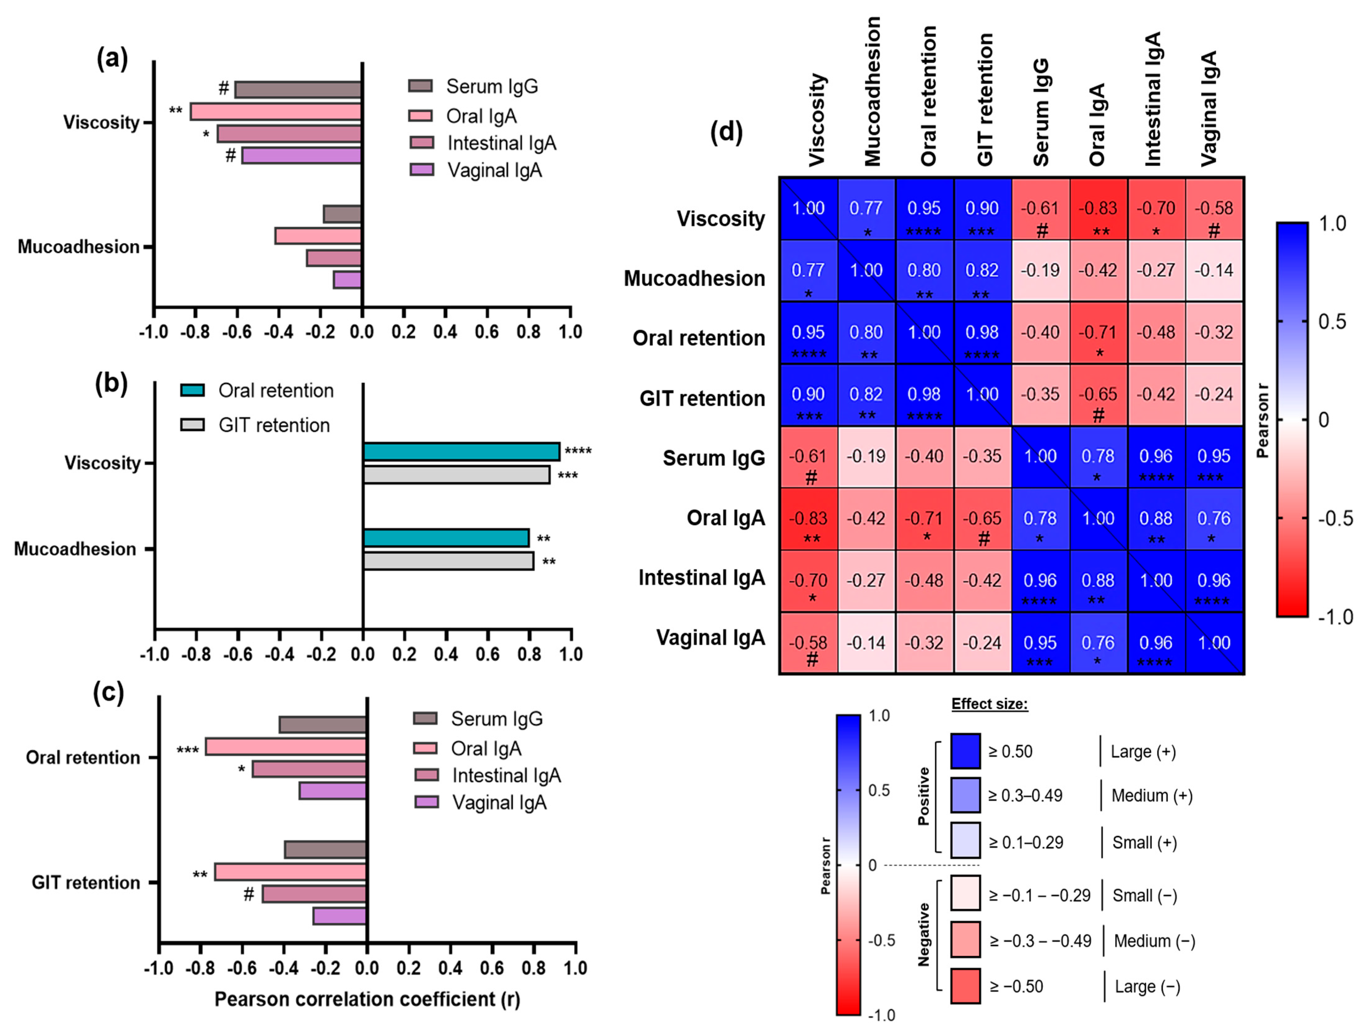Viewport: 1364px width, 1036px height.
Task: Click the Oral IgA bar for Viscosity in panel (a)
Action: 276,112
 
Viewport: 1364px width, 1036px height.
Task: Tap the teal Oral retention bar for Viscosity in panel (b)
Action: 461,452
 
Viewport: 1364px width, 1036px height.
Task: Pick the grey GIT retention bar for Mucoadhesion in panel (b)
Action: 448,561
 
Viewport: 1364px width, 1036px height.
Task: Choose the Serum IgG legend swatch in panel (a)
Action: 421,86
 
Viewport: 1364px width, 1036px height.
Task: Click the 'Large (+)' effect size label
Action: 1143,752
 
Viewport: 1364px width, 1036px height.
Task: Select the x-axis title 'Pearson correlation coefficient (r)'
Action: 367,999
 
